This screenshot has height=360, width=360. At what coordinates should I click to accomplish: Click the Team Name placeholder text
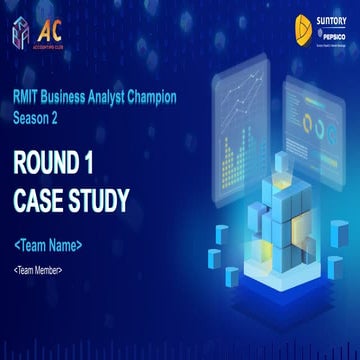[x=49, y=245]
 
